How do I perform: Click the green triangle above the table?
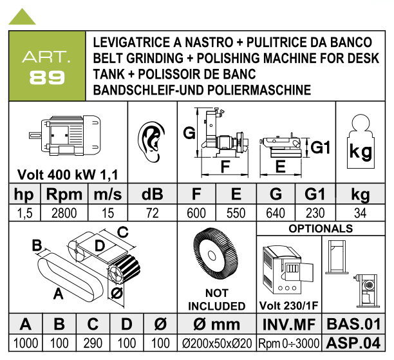pyautogui.click(x=22, y=17)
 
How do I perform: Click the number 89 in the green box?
pyautogui.click(x=47, y=77)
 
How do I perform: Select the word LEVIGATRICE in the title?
pyautogui.click(x=131, y=43)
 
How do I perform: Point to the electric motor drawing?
pyautogui.click(x=65, y=135)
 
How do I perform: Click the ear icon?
pyautogui.click(x=151, y=142)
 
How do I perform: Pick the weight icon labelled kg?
pyautogui.click(x=361, y=142)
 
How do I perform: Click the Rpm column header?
pyautogui.click(x=64, y=194)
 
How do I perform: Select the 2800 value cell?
pyautogui.click(x=64, y=213)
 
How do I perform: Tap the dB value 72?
pyautogui.click(x=153, y=213)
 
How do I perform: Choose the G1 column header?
pyautogui.click(x=315, y=194)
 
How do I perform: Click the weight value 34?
pyautogui.click(x=360, y=213)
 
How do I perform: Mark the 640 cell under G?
pyautogui.click(x=276, y=213)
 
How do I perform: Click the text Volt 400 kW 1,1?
pyautogui.click(x=68, y=175)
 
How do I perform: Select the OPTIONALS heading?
pyautogui.click(x=321, y=229)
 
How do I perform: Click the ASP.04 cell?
pyautogui.click(x=353, y=343)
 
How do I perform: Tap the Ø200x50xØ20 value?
pyautogui.click(x=216, y=343)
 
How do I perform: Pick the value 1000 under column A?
pyautogui.click(x=26, y=343)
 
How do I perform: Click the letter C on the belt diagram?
pyautogui.click(x=123, y=232)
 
